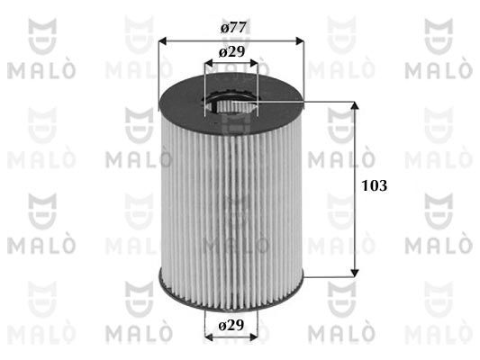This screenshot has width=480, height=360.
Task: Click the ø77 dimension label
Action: pos(233,28)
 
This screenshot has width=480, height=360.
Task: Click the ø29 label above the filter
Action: pos(231,52)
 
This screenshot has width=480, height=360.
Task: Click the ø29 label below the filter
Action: pos(231,325)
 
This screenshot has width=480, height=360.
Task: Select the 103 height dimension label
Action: pos(375,185)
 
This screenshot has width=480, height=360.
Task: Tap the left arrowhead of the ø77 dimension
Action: pos(163,41)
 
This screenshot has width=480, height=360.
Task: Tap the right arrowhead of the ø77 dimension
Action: pos(300,41)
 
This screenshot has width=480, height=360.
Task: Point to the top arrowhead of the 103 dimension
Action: pos(355,105)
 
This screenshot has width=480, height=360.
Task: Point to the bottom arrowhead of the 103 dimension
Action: pos(355,273)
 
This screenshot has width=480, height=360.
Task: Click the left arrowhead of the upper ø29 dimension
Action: pos(209,63)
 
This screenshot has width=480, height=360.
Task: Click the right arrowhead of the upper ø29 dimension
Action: pos(254,63)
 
